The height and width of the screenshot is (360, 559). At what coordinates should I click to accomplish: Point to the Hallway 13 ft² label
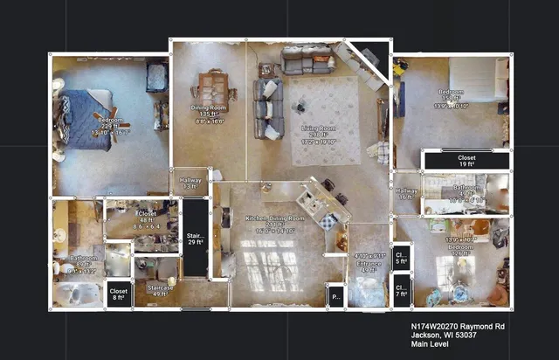coord(190,183)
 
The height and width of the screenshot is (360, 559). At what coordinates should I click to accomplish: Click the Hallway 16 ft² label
coord(406,194)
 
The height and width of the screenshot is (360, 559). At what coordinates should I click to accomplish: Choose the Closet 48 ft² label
coord(146,219)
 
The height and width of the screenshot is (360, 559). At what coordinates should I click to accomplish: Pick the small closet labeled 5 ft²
coord(402,257)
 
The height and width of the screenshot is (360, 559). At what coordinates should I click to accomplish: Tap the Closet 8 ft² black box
coord(119,294)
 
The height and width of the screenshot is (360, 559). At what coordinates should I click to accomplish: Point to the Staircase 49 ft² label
coord(159,290)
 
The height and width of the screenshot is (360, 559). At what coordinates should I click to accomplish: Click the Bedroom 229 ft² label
coord(110,127)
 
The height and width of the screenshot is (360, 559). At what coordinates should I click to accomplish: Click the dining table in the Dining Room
coord(212,87)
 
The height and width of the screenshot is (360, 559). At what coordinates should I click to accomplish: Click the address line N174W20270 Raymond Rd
coord(458,325)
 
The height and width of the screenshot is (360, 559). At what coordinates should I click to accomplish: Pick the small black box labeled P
coord(336,296)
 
